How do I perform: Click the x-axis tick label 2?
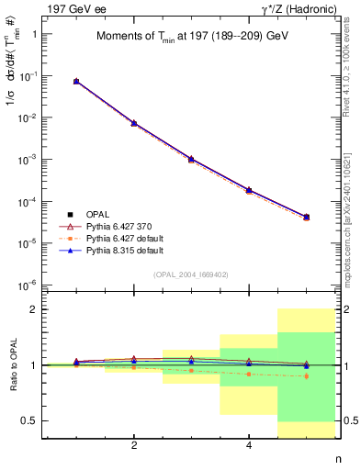click(x=134, y=446)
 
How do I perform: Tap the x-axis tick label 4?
click(x=250, y=446)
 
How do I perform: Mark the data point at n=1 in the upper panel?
click(x=76, y=82)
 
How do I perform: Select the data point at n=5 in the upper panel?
click(x=307, y=217)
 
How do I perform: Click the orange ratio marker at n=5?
click(x=307, y=376)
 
